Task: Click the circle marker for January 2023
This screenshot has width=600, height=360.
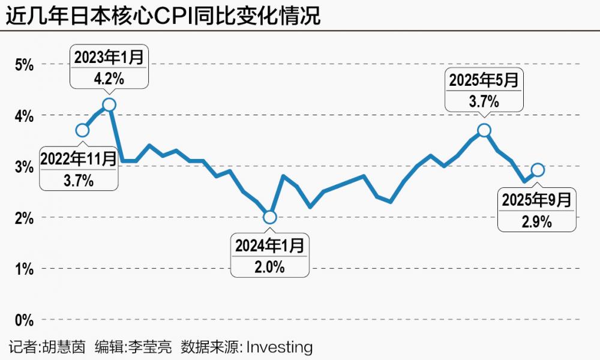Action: click(x=109, y=104)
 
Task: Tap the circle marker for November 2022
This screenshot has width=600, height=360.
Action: click(x=83, y=130)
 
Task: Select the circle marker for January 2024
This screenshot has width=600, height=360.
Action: click(x=270, y=217)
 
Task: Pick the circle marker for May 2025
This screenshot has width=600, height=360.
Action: click(x=484, y=130)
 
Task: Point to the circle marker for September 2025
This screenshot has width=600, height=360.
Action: click(x=538, y=170)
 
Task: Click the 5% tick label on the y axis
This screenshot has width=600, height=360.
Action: click(x=25, y=64)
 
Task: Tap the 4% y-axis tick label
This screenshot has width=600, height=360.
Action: click(x=25, y=115)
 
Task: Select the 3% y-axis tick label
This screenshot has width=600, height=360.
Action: click(x=25, y=166)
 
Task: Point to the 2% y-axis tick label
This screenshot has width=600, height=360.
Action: click(x=25, y=217)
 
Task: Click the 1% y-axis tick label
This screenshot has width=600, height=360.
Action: click(x=25, y=268)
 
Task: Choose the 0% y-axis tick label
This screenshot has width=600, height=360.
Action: click(x=25, y=319)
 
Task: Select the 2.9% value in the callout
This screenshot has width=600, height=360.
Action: click(x=538, y=221)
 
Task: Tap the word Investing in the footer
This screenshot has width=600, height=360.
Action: click(x=280, y=347)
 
